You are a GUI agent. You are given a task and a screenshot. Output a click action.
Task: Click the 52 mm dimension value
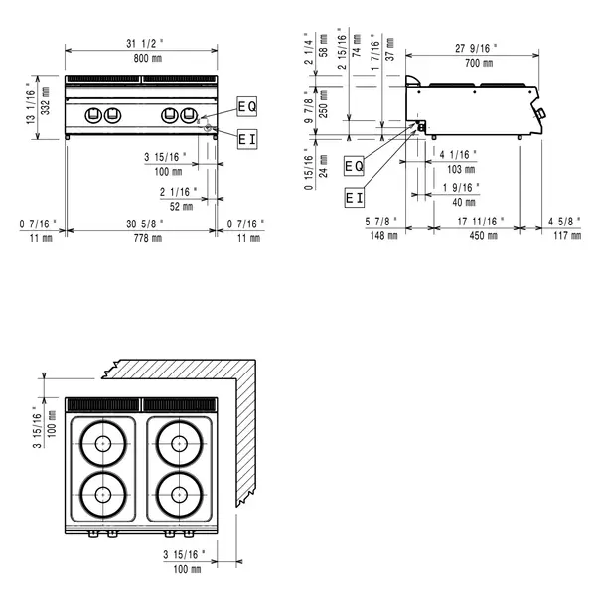click(182, 206)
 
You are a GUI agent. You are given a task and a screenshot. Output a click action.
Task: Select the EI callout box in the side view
click(355, 198)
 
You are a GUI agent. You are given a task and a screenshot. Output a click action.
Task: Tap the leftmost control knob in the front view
click(92, 114)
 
